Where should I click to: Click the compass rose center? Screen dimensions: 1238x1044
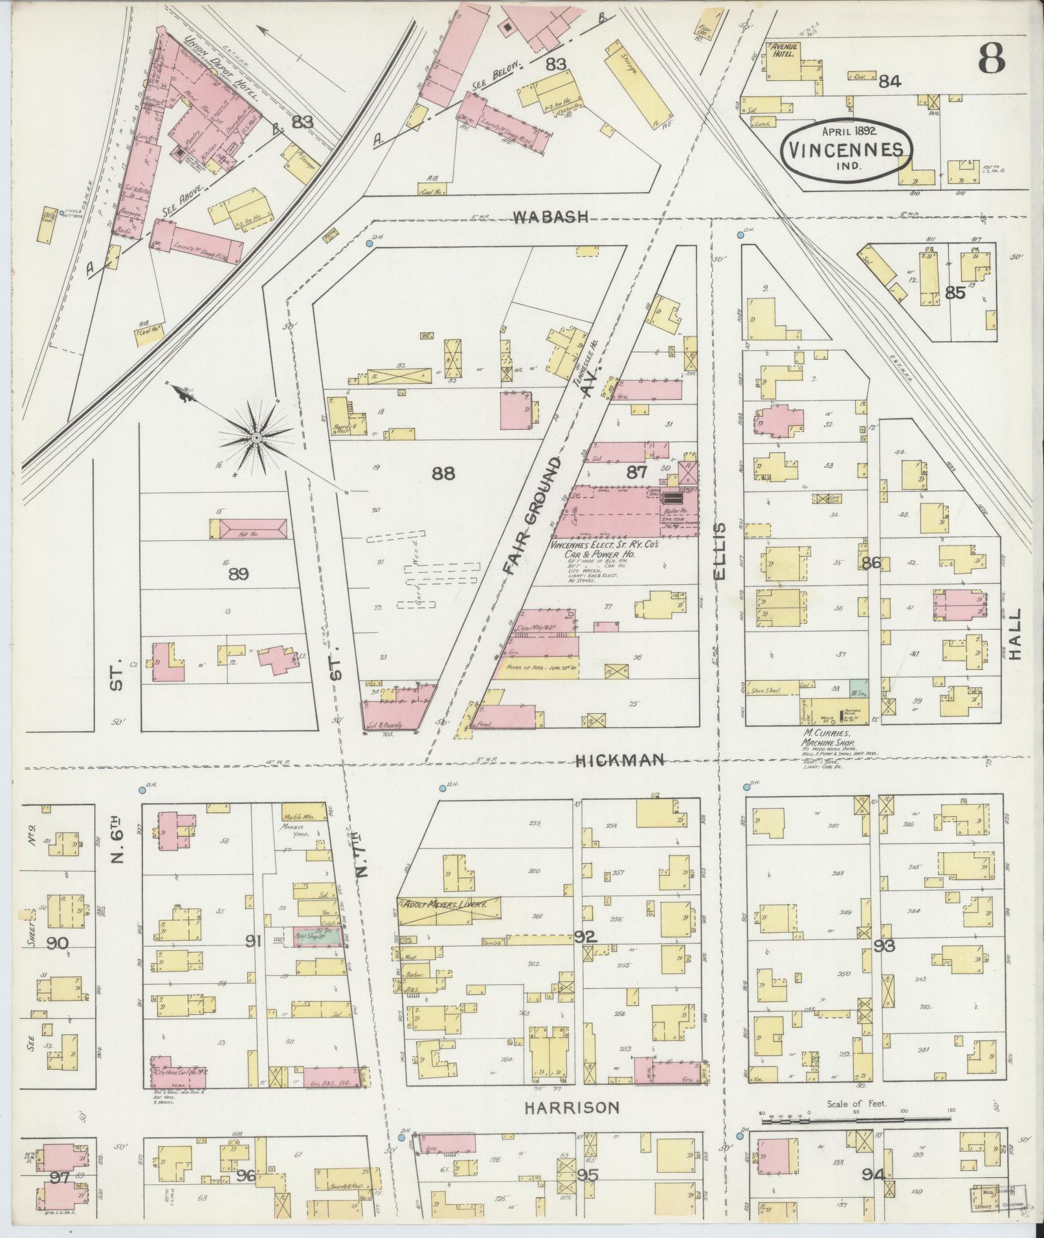256,438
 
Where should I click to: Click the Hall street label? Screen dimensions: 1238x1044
1014,633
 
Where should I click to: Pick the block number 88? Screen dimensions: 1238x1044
443,474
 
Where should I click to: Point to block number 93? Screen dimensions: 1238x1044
884,945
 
